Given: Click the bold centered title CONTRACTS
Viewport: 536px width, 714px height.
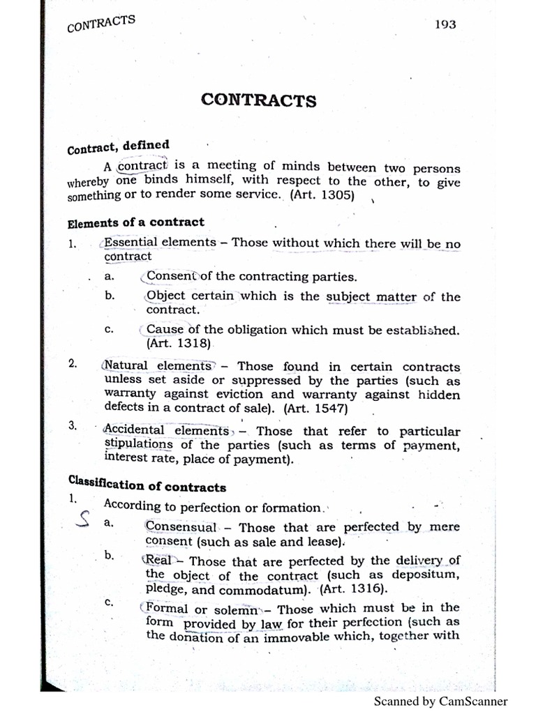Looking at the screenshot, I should (x=258, y=100).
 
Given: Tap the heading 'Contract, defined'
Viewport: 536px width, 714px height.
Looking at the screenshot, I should (x=118, y=147).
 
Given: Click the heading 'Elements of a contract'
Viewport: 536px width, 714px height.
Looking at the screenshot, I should (x=136, y=223).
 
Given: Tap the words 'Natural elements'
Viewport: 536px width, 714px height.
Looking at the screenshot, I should (x=157, y=366).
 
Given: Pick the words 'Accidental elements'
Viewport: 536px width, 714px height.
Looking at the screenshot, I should (x=165, y=431).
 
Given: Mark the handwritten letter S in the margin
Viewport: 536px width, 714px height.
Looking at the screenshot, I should (x=83, y=522).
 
